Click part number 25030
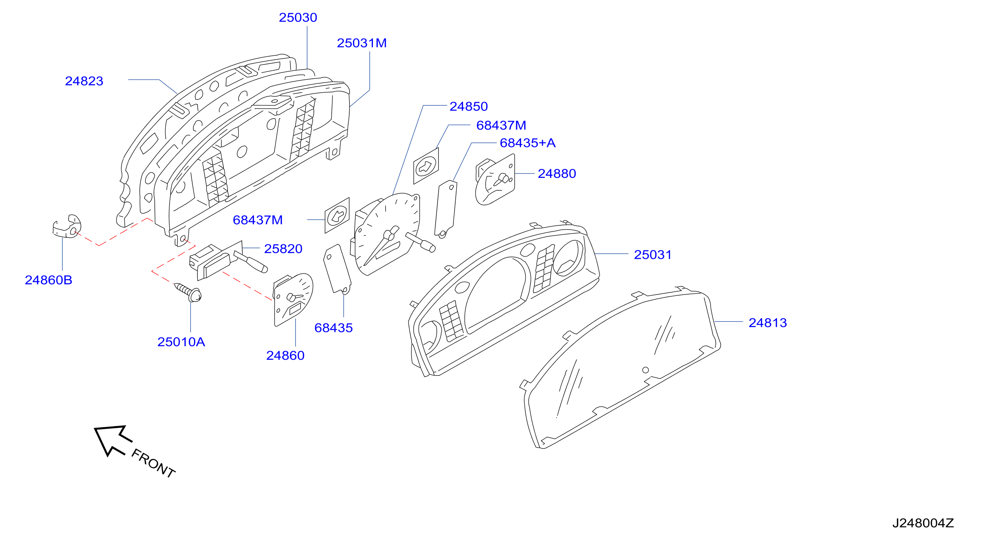[298, 18]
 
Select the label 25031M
[362, 43]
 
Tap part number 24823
[84, 81]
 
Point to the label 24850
[469, 106]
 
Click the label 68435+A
[528, 143]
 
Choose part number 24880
[557, 174]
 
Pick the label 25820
[283, 249]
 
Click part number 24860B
[49, 280]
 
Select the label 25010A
[181, 342]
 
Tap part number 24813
[768, 323]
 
